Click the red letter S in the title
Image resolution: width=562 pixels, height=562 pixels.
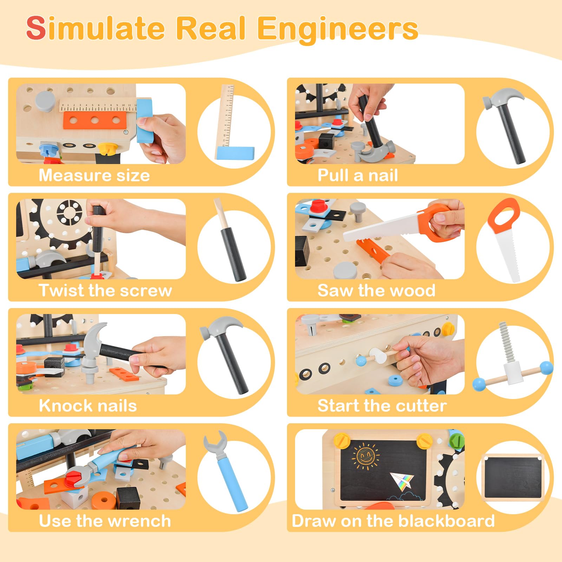pyautogui.click(x=36, y=28)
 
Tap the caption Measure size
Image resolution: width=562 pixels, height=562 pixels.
pyautogui.click(x=94, y=175)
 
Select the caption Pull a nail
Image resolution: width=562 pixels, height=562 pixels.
pyautogui.click(x=358, y=175)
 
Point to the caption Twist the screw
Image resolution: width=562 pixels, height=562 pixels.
pyautogui.click(x=105, y=290)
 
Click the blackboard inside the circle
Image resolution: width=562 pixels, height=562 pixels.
pyautogui.click(x=512, y=478)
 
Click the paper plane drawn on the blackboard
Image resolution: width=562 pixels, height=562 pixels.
pyautogui.click(x=403, y=482)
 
